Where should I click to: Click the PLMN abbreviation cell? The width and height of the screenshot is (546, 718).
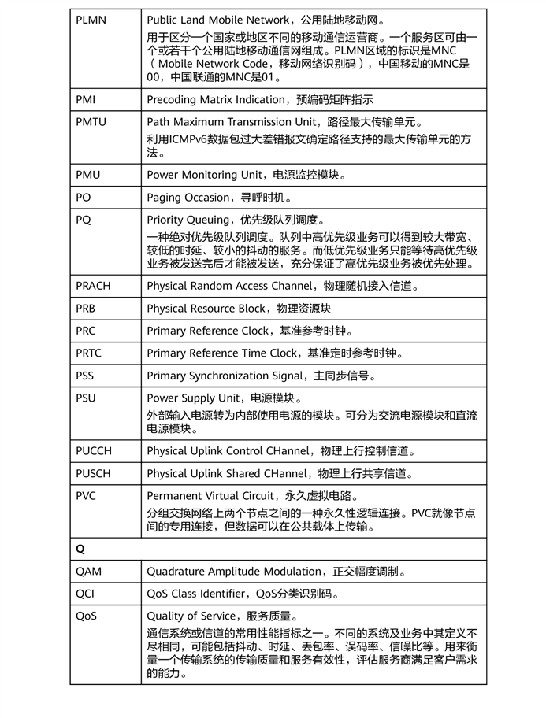click(90, 18)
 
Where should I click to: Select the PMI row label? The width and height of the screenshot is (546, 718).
click(86, 100)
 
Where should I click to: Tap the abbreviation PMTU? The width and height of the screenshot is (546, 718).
click(91, 122)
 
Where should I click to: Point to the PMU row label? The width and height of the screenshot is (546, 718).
click(87, 175)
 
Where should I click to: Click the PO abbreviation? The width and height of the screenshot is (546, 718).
click(84, 197)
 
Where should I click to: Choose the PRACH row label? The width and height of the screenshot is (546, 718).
click(94, 286)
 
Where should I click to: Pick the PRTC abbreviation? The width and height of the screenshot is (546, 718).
click(89, 353)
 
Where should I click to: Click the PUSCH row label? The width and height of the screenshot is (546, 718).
click(94, 473)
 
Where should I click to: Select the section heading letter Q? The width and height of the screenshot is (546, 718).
click(80, 549)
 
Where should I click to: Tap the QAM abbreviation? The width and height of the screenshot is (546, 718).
click(88, 572)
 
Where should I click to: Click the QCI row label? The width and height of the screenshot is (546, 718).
click(86, 594)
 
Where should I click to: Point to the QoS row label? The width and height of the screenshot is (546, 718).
click(87, 616)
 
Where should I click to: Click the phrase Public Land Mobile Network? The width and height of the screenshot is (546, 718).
click(215, 18)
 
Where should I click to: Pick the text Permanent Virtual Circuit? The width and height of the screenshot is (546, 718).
click(209, 496)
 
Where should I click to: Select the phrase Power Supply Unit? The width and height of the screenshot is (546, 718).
click(192, 398)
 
